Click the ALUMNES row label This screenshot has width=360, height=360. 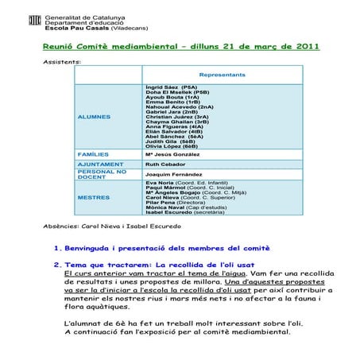(95, 117)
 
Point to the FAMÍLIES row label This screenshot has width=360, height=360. (94, 153)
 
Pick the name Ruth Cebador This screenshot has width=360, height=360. (165, 163)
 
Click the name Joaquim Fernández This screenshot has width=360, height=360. (172, 174)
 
